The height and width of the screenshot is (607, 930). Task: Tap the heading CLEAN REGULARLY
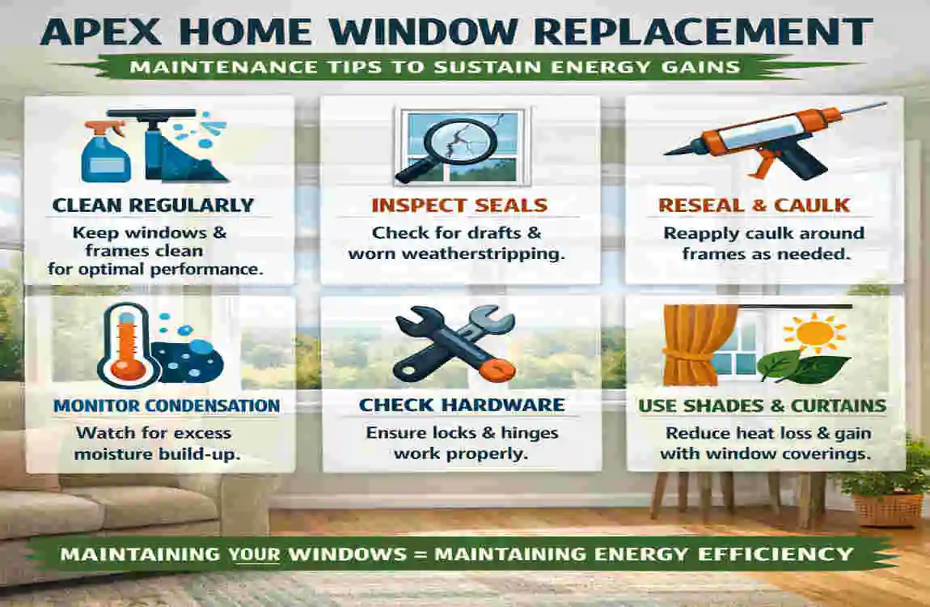click(x=153, y=206)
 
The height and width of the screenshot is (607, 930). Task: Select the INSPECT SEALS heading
click(x=459, y=206)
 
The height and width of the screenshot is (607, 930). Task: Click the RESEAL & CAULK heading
click(x=754, y=206)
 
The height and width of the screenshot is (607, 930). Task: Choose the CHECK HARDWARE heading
click(x=461, y=405)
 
